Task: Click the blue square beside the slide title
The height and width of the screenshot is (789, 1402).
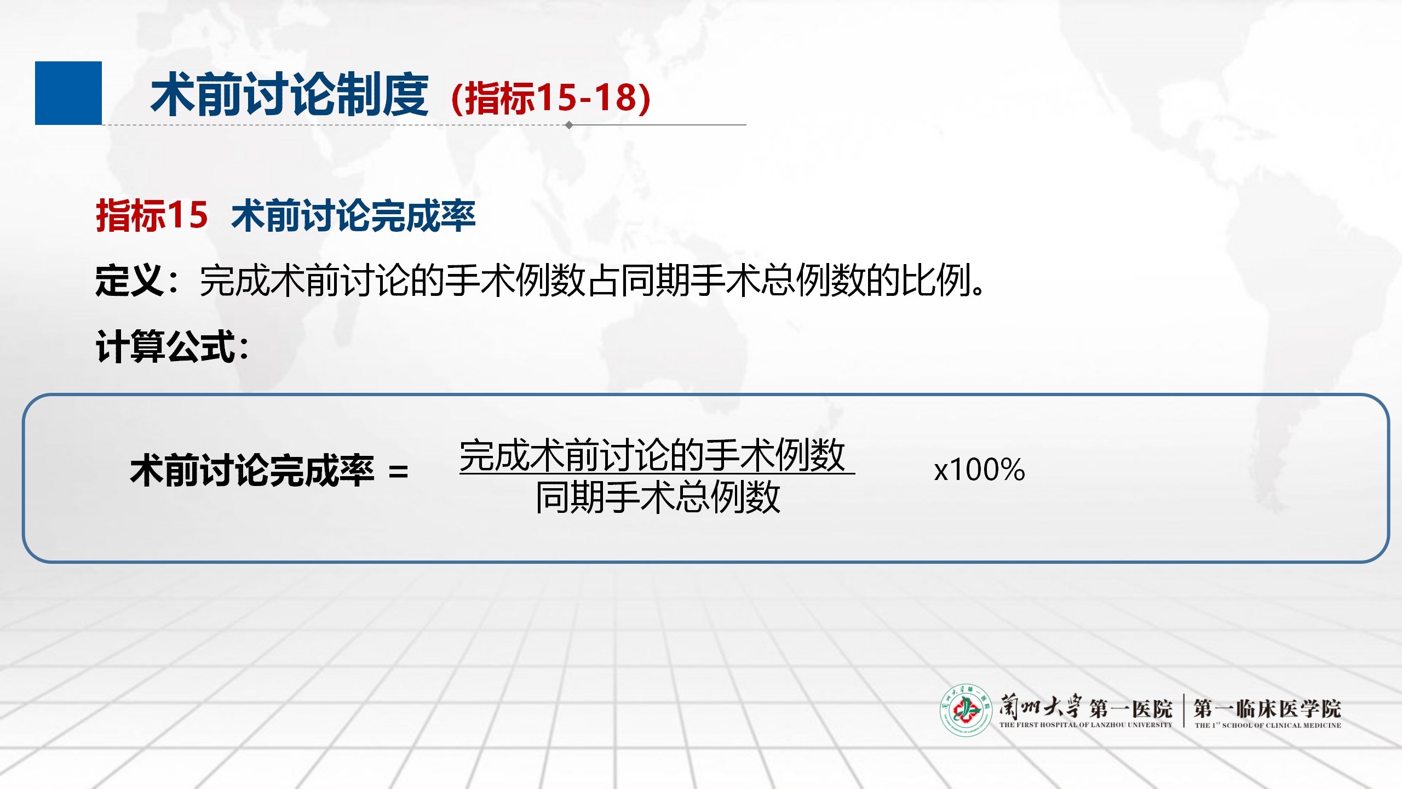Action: [68, 93]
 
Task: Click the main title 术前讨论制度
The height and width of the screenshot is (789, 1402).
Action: [290, 95]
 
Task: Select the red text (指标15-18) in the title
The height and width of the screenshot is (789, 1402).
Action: [551, 98]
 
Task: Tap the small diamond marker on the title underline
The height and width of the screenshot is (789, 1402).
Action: [569, 125]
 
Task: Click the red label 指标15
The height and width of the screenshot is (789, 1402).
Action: [152, 215]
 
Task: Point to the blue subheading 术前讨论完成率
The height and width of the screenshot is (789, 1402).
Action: [353, 215]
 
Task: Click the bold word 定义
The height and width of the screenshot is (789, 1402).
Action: [129, 281]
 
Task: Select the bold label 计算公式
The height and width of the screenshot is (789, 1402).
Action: [166, 346]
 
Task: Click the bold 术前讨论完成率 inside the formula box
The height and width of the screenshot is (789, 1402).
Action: [252, 471]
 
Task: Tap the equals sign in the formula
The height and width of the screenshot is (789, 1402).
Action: [398, 472]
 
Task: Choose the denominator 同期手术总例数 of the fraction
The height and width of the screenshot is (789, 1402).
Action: [658, 497]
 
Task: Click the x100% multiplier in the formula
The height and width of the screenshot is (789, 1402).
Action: [979, 470]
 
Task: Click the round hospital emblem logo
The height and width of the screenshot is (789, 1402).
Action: [966, 710]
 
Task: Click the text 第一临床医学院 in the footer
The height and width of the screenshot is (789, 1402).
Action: [1267, 708]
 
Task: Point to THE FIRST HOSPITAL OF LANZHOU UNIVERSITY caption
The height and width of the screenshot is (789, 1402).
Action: [1085, 724]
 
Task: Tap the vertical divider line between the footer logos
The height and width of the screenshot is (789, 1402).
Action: [1184, 710]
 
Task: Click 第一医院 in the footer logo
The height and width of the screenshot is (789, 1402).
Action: [1130, 709]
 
